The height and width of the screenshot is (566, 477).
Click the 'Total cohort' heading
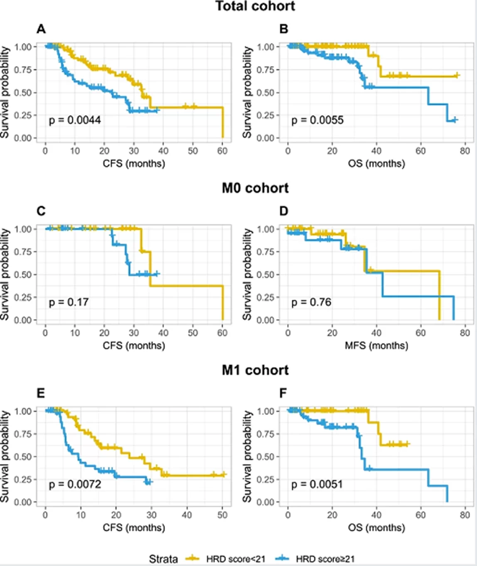(255, 6)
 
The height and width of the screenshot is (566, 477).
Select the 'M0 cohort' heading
(255, 188)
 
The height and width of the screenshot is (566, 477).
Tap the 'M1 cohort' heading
(255, 370)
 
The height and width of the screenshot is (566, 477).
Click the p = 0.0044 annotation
(75, 120)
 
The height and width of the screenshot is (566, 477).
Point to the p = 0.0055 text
(317, 120)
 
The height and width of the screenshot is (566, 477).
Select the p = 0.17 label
(69, 302)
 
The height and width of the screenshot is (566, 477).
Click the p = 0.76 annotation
(311, 302)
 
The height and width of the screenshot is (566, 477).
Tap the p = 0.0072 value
(75, 484)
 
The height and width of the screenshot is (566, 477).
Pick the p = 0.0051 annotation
(317, 484)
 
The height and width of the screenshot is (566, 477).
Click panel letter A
(41, 29)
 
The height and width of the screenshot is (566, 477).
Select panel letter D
(283, 211)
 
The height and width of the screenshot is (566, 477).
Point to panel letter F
(283, 393)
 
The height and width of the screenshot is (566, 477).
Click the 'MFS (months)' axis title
(376, 345)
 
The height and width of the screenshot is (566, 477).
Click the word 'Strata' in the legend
(163, 559)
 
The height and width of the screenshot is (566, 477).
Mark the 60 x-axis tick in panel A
(222, 151)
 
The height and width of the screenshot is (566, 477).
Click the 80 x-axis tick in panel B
(465, 151)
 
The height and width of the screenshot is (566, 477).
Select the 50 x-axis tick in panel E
(222, 515)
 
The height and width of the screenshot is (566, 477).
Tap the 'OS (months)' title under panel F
(376, 527)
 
